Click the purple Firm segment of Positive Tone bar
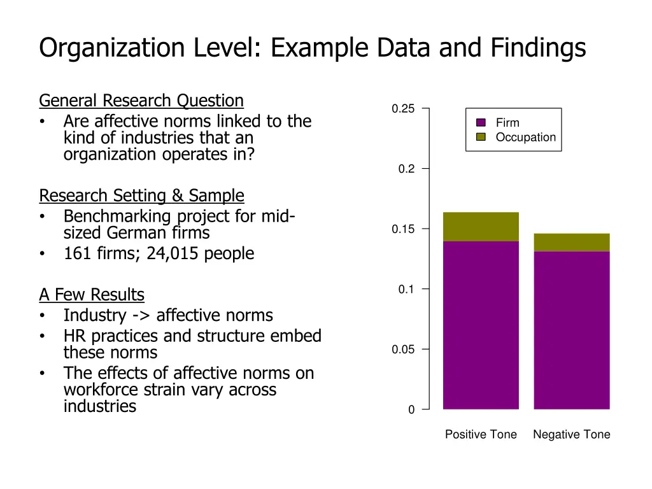(481, 325)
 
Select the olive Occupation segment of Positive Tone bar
(481, 227)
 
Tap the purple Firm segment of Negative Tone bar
(572, 330)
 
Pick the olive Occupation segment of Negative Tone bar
(572, 243)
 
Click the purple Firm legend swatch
(481, 123)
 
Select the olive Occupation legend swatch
(481, 137)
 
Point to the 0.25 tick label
(403, 109)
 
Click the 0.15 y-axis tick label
(403, 229)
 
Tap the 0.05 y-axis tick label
(403, 350)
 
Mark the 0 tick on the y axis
(411, 410)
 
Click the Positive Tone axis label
(481, 435)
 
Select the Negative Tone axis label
(572, 435)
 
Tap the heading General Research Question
(141, 101)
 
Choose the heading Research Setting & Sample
(141, 195)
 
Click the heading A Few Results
(92, 295)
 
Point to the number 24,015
(173, 253)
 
